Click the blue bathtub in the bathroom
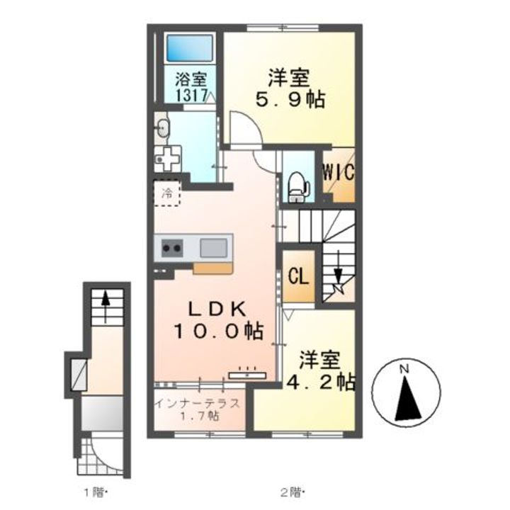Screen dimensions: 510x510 (191, 48)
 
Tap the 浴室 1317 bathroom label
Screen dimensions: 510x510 (191, 87)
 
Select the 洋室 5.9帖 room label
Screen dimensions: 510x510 (290, 89)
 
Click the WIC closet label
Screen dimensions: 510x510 (339, 172)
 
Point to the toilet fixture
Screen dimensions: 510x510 (299, 186)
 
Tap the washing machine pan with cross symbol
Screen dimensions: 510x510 (167, 159)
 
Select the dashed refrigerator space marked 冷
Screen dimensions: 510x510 (167, 193)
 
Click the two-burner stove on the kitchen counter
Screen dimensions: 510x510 (171, 249)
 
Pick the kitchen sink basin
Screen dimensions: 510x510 (213, 248)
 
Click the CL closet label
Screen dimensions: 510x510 (299, 277)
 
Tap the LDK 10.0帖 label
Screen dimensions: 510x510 (217, 321)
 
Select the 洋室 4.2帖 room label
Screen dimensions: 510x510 (320, 370)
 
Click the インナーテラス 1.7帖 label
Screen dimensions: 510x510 (198, 409)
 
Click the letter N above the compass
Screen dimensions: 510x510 (404, 369)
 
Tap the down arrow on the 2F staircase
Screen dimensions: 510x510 (339, 267)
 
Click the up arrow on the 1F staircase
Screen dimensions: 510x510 (105, 306)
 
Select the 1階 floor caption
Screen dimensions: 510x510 (96, 494)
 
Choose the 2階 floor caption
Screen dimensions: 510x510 (292, 494)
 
